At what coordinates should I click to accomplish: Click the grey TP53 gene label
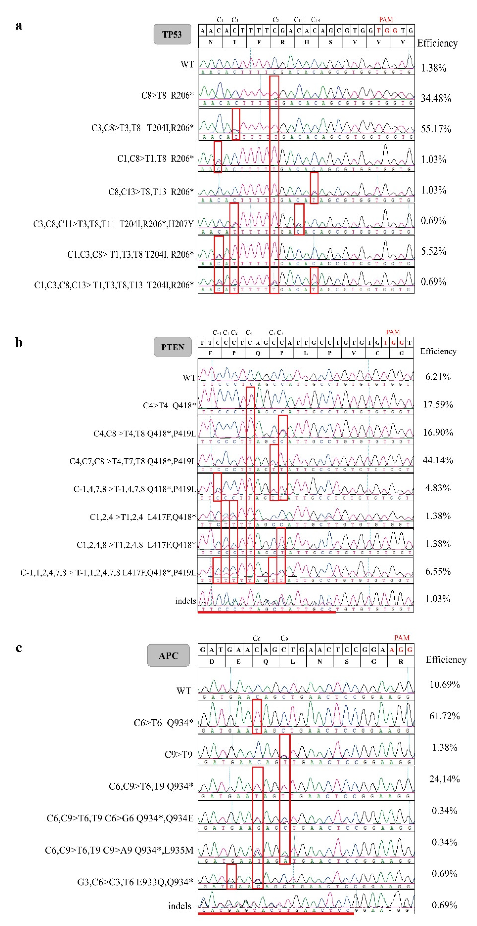pos(172,34)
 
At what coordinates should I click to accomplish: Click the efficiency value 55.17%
pos(436,129)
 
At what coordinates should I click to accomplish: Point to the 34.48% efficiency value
pos(436,98)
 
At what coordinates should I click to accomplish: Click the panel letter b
pos(19,343)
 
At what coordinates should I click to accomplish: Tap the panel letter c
pos(19,647)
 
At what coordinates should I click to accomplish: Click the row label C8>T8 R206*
pos(167,95)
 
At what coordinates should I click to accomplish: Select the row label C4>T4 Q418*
pos(169,405)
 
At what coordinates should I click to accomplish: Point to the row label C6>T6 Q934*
pos(163,723)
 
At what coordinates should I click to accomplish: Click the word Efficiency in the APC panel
pos(446,660)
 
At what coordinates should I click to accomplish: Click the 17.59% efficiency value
pos(438,404)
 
